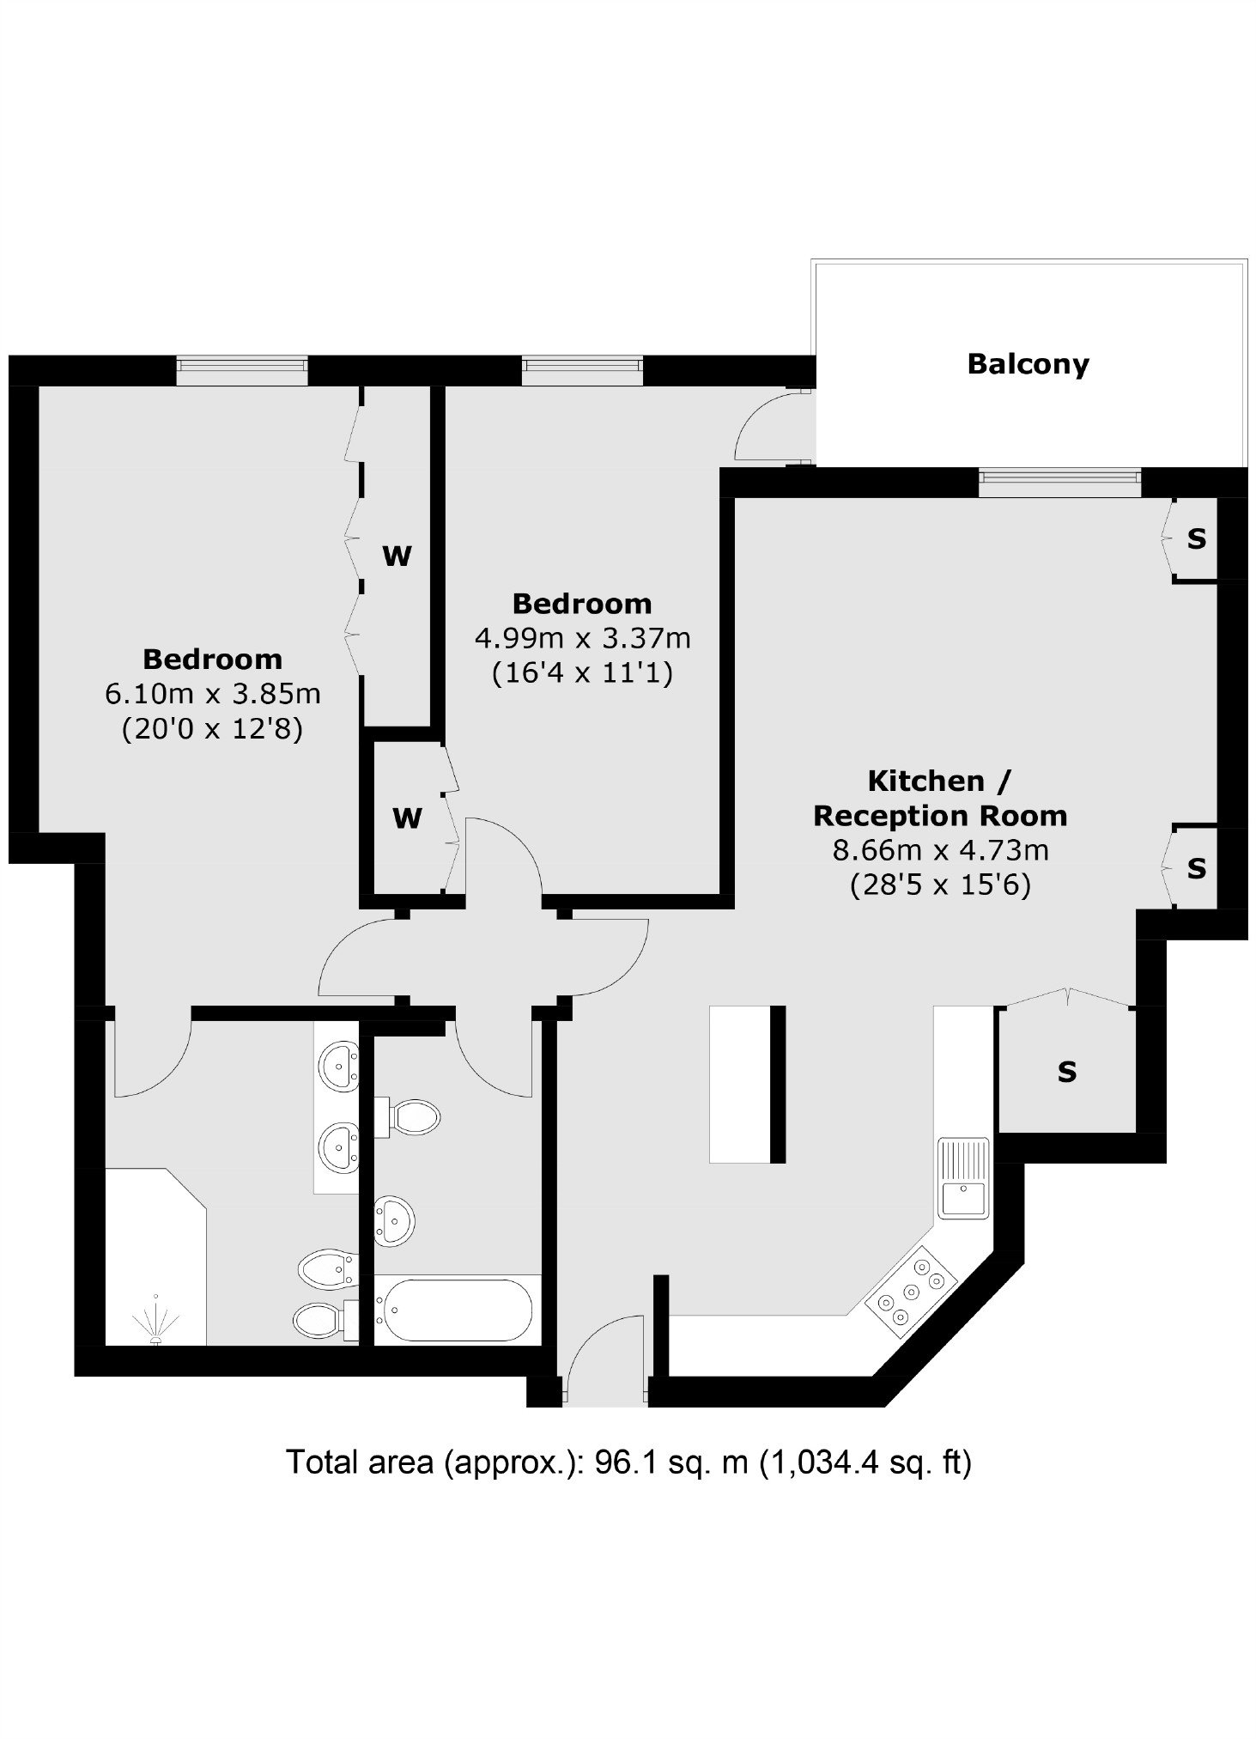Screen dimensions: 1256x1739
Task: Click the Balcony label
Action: click(1028, 364)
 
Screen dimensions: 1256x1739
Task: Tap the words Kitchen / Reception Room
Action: click(940, 798)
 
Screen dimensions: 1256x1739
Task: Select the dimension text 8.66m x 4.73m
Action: click(940, 850)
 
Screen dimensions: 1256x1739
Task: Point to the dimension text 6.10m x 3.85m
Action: click(213, 694)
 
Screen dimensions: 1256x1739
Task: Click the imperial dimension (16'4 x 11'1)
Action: click(582, 673)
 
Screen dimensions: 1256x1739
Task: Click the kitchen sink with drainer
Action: click(963, 1177)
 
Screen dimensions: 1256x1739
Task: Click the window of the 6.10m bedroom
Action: click(242, 371)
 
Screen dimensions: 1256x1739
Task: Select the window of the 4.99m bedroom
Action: click(583, 371)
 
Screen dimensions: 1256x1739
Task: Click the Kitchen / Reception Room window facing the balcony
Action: click(1060, 483)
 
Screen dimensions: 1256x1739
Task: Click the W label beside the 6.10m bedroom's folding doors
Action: click(397, 556)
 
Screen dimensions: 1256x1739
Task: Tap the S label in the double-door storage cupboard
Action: click(1066, 1072)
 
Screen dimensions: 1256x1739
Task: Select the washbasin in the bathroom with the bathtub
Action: click(394, 1218)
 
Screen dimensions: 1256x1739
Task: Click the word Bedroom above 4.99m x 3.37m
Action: click(582, 604)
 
